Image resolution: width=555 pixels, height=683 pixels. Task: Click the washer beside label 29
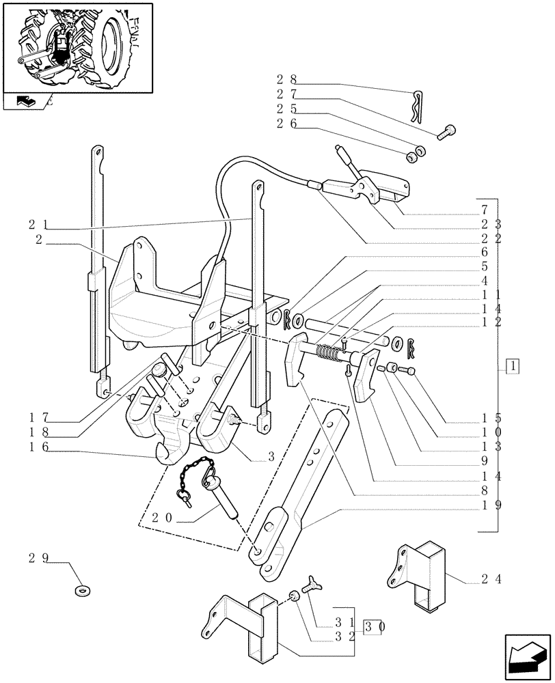(x=83, y=589)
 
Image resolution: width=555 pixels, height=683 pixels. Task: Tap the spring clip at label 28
(x=419, y=106)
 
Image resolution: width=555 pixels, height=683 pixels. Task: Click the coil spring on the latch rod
(x=334, y=354)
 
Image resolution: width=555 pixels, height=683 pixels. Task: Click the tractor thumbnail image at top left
(x=77, y=46)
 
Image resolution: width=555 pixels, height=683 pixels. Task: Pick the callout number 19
(x=490, y=505)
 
